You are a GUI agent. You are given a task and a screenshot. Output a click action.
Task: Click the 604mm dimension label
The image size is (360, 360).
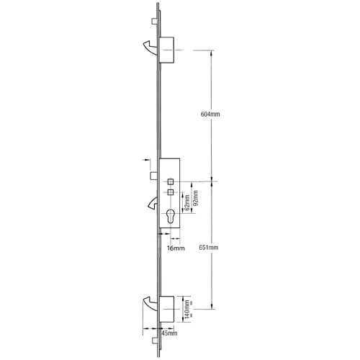[x=210, y=114]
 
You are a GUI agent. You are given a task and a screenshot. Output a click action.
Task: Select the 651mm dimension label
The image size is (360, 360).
[x=209, y=248]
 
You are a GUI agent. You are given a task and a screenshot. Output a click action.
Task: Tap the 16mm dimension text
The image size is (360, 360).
[x=176, y=248]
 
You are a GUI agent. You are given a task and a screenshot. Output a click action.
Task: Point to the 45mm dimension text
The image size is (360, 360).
[x=169, y=333]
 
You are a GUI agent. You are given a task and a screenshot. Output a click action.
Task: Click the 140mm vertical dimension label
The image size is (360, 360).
[x=187, y=309]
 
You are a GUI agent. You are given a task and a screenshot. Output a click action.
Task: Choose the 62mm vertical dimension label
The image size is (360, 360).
[x=187, y=203]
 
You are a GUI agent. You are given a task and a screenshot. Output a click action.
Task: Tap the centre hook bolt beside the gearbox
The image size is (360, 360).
[x=153, y=203]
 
